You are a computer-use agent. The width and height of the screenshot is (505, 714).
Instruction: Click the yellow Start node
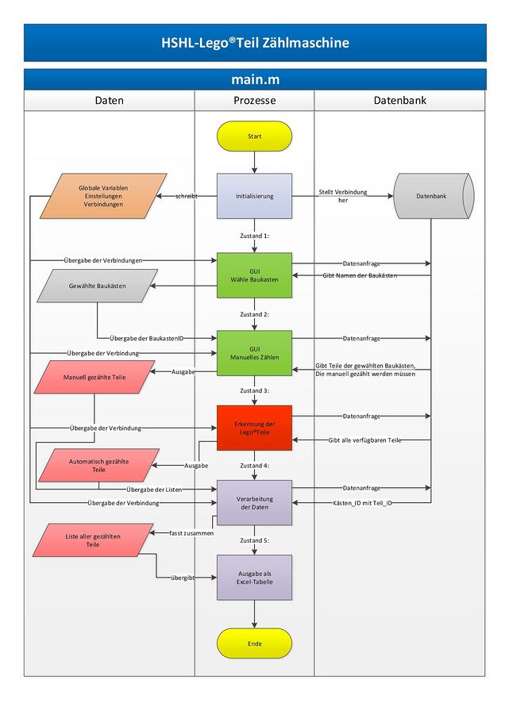pos(254,136)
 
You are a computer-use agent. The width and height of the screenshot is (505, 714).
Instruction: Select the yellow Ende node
pos(254,643)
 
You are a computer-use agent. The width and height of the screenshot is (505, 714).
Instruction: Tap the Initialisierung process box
pos(254,196)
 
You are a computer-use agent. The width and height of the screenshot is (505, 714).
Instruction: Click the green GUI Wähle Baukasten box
pos(254,275)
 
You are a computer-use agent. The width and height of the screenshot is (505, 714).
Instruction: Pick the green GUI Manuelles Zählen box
pos(254,353)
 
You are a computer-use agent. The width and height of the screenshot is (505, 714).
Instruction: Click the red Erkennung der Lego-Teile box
pos(254,428)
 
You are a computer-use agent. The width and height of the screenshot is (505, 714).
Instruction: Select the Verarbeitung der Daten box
pos(254,502)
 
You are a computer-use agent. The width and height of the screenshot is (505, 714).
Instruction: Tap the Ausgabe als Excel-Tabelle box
pos(254,577)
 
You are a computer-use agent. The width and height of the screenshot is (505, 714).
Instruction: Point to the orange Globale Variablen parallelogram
pos(102,196)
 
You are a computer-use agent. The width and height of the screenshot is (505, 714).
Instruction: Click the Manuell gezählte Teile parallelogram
pos(94,378)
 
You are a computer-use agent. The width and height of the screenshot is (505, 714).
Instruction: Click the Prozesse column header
pos(254,101)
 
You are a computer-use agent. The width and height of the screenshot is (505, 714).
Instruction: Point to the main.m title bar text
pos(254,79)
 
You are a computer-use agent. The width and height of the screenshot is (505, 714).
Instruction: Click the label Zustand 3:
pos(254,391)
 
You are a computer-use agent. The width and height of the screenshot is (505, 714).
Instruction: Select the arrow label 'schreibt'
pos(187,195)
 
